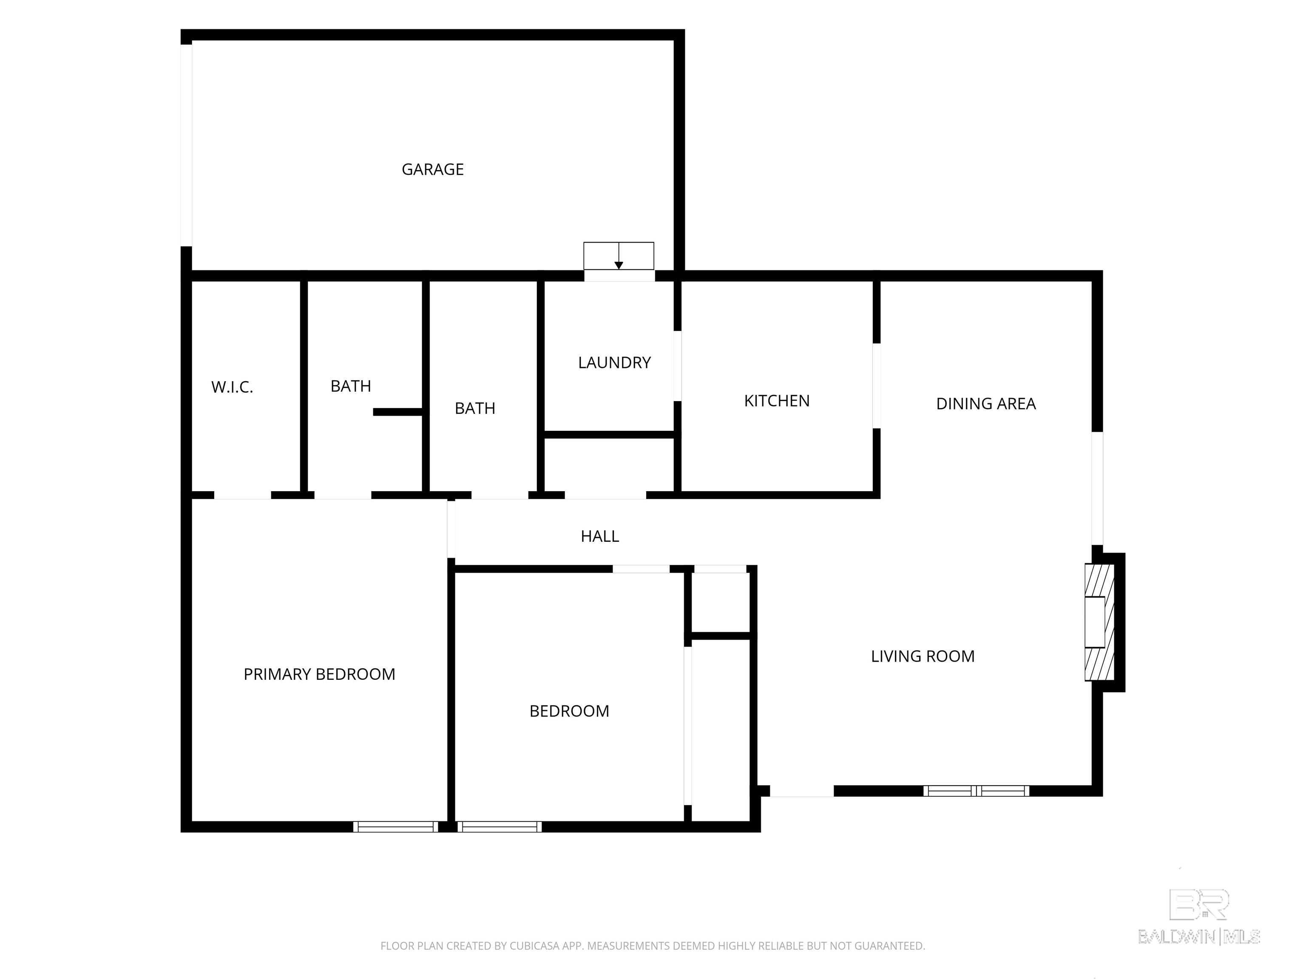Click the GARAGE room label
pos(432,170)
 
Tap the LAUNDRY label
pos(614,362)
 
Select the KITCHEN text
pos(776,401)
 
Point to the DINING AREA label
pos(985,404)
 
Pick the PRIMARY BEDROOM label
pos(319,674)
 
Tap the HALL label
pos(600,536)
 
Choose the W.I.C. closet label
pos(232,387)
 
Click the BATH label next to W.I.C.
pos(351,386)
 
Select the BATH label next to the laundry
pos(475,408)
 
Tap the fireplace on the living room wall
pos(1099,622)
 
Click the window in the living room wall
pos(976,791)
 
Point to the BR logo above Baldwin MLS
pos(1199,905)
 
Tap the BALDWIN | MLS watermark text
pos(1199,937)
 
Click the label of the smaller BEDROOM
pos(569,711)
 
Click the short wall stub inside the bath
pos(398,412)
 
